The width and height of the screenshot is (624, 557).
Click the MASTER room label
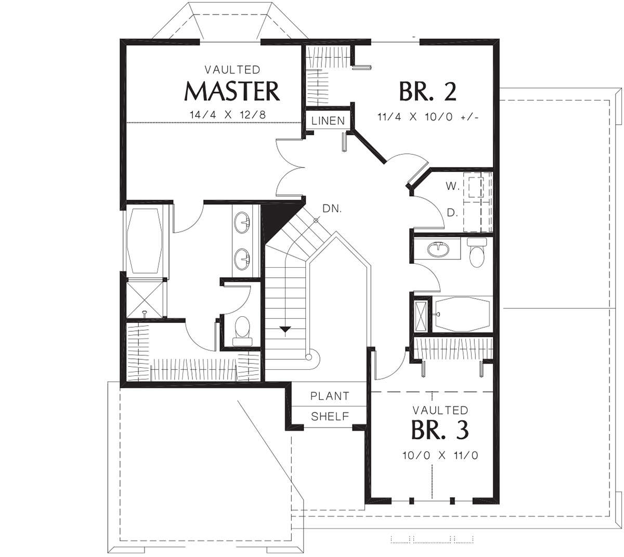click(232, 91)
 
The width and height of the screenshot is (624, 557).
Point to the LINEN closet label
click(328, 121)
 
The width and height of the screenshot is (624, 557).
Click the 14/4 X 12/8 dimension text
click(228, 115)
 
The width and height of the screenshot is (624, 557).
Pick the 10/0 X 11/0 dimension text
click(440, 455)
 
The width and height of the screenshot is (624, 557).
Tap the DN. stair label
click(332, 209)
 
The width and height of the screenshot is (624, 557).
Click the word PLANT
click(330, 396)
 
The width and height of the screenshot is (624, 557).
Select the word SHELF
click(330, 417)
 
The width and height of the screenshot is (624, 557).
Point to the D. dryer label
click(452, 213)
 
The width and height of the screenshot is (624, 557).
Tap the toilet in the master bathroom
click(242, 331)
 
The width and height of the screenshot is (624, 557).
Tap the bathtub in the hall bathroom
click(462, 314)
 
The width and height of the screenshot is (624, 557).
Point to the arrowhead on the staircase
click(285, 329)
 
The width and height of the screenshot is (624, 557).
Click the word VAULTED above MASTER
click(232, 70)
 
